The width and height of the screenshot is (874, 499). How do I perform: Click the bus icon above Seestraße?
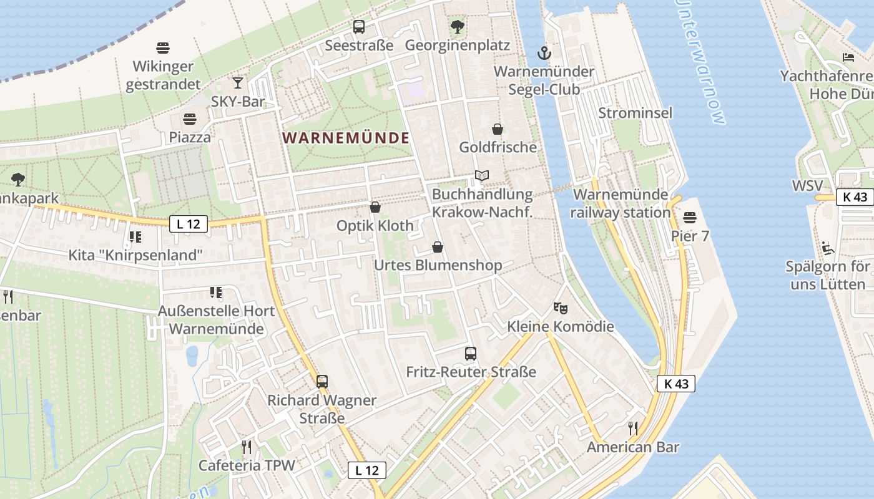point(359,27)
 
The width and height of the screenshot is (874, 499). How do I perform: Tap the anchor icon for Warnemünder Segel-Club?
point(544,52)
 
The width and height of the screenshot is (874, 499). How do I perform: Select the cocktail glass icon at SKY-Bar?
point(238,82)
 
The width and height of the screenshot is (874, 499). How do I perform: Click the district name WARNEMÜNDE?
point(346,138)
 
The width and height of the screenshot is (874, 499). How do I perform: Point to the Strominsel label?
point(636,113)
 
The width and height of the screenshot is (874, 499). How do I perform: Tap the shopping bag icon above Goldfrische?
point(498,129)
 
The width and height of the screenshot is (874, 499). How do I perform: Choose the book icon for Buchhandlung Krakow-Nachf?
point(481,176)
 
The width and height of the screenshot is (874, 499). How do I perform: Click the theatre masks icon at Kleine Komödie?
point(560,308)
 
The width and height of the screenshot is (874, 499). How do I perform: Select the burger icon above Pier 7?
point(690,218)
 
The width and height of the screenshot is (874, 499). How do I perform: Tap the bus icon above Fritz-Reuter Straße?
point(471,354)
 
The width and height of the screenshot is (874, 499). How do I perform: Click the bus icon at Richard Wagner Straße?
point(322,381)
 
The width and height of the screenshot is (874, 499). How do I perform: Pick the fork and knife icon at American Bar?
point(633,428)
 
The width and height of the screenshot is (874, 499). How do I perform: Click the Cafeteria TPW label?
point(247,465)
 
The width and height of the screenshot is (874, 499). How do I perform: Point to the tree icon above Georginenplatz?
point(458,27)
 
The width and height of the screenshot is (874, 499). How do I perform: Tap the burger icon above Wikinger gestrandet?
point(163,48)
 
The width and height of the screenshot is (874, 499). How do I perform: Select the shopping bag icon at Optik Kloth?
point(375,207)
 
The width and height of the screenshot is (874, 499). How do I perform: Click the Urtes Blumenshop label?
point(438,265)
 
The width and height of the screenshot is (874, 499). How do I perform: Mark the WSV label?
point(807,186)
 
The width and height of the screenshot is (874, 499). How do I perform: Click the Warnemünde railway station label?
point(621,203)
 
